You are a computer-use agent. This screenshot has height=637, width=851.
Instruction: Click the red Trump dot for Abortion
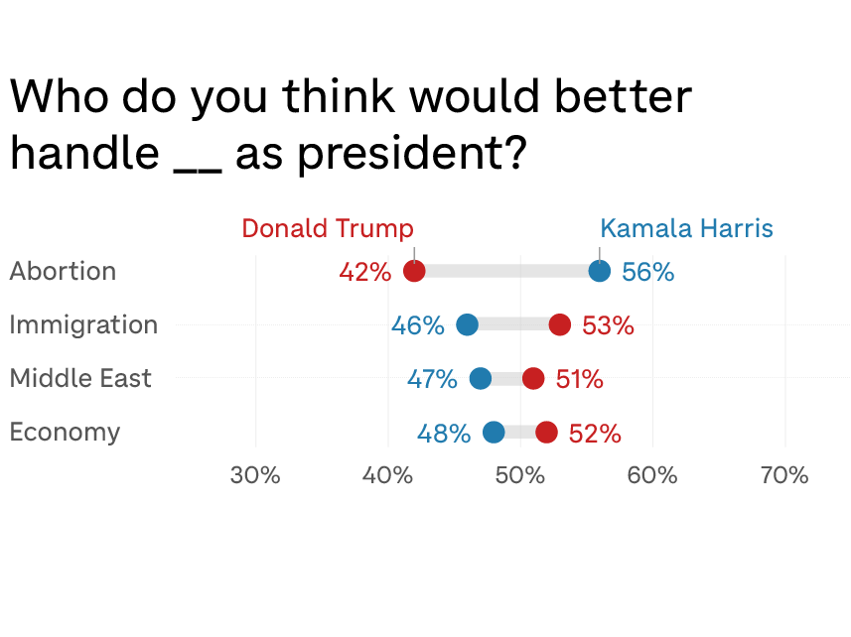pos(414,271)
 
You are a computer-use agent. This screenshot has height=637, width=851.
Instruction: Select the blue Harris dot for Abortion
pos(600,271)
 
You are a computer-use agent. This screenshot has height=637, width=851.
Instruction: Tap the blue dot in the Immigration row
pos(467,324)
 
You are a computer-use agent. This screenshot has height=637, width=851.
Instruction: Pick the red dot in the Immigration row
pos(560,324)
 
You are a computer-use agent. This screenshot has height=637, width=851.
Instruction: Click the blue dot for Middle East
pos(481,378)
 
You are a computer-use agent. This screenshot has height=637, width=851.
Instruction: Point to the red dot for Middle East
pos(533,378)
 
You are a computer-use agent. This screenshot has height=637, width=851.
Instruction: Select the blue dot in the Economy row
pos(494,432)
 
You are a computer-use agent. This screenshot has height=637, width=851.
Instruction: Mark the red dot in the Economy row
pos(546,432)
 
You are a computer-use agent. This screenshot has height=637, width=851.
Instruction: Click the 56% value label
pos(647,272)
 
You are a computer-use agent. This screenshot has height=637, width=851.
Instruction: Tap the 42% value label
pos(364,272)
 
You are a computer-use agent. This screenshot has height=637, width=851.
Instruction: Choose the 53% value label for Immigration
pos(608,325)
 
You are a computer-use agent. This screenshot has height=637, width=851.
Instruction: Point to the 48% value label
pos(443,433)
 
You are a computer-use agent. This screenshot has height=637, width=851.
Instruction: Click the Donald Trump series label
pos(328,228)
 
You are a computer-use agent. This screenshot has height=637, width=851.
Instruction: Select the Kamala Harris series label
pos(686,228)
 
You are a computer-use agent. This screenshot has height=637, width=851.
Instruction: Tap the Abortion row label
pos(63,271)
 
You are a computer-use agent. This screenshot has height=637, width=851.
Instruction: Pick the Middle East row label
pos(80,378)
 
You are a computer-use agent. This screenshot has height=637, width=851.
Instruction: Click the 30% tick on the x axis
pos(255,475)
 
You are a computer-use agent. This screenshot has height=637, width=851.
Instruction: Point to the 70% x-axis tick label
pos(784,475)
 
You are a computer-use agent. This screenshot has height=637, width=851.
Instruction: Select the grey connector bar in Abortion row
pos(506,271)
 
